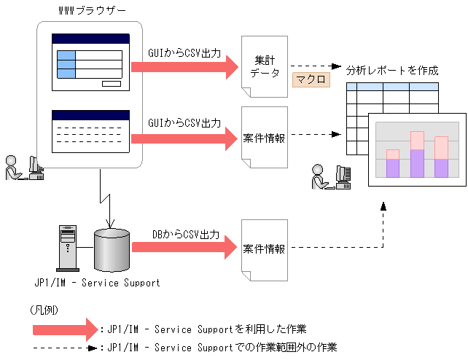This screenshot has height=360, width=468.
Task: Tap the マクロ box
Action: coord(311,78)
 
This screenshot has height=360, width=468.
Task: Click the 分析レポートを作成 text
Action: coord(392,71)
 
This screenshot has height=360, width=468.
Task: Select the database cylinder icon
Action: coord(112,249)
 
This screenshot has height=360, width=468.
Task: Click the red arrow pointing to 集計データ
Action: coord(186,66)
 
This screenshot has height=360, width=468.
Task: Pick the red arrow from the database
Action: coord(186,249)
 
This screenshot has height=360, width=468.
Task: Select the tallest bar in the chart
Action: coord(417,154)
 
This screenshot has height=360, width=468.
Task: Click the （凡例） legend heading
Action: coord(45,310)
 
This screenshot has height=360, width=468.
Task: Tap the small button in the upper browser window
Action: coord(111,84)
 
